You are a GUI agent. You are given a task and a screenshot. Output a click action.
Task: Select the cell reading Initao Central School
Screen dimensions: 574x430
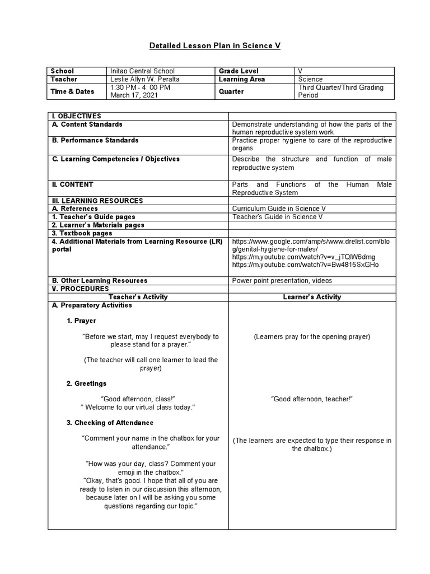point(142,71)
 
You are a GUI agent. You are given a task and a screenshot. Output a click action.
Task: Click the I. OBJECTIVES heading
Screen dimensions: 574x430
point(76,115)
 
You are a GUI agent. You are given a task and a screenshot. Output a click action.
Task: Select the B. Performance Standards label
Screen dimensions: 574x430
point(95,140)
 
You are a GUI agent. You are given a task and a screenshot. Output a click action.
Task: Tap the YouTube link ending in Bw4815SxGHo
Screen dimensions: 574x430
point(305,265)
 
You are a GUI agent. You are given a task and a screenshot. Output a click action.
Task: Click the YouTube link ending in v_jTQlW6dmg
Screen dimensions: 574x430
point(303,257)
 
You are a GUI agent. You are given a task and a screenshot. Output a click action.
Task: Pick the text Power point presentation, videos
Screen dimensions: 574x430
point(282,281)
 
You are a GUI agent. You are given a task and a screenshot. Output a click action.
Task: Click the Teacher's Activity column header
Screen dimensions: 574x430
point(138,297)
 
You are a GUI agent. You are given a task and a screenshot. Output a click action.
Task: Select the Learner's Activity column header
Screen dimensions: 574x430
point(312,297)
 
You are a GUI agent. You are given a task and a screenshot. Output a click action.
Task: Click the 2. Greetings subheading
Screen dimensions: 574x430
point(86,383)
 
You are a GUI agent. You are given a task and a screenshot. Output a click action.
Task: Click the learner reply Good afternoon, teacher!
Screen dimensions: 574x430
point(311,399)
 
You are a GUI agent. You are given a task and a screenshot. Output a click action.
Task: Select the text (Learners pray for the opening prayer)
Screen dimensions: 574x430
point(311,337)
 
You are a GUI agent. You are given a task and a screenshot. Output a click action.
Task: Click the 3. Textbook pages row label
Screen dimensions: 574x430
point(82,233)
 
